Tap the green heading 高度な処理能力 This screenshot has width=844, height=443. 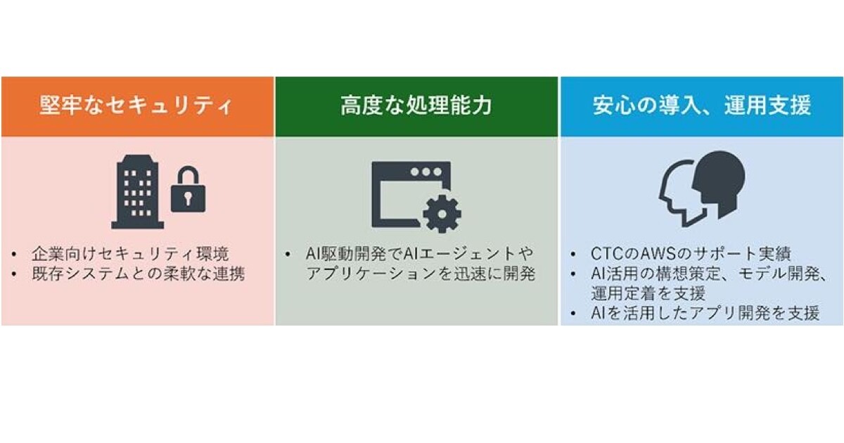(x=416, y=106)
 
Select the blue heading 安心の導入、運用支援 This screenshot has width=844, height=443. (x=701, y=106)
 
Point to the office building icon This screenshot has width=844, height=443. (x=137, y=191)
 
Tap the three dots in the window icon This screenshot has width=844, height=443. (x=426, y=172)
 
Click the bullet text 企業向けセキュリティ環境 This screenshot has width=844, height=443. (x=130, y=253)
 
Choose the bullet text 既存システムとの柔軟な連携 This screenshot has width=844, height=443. (x=138, y=274)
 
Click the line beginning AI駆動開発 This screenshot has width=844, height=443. (x=420, y=253)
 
